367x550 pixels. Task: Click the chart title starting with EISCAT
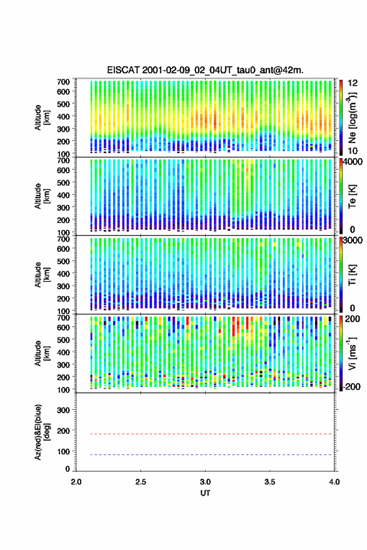pos(205,70)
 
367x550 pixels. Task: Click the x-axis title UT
pos(205,493)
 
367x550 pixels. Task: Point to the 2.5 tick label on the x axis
pos(141,482)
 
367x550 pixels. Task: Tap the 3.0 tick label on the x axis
pos(205,482)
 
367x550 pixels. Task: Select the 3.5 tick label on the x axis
pos(269,482)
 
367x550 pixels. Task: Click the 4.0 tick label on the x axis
pos(334,482)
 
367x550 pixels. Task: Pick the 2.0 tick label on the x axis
pos(76,482)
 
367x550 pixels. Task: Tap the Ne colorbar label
pos(353,118)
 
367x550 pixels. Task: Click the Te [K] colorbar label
pos(352,196)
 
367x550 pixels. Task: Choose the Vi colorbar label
pos(352,353)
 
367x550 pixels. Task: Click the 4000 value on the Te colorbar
pos(353,162)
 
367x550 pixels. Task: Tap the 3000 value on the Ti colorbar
pos(353,241)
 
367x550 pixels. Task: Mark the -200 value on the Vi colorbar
pos(351,386)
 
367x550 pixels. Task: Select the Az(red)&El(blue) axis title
pos(42,432)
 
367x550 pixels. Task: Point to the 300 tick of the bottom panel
pos(63,410)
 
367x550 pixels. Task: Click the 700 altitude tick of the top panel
pos(63,82)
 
